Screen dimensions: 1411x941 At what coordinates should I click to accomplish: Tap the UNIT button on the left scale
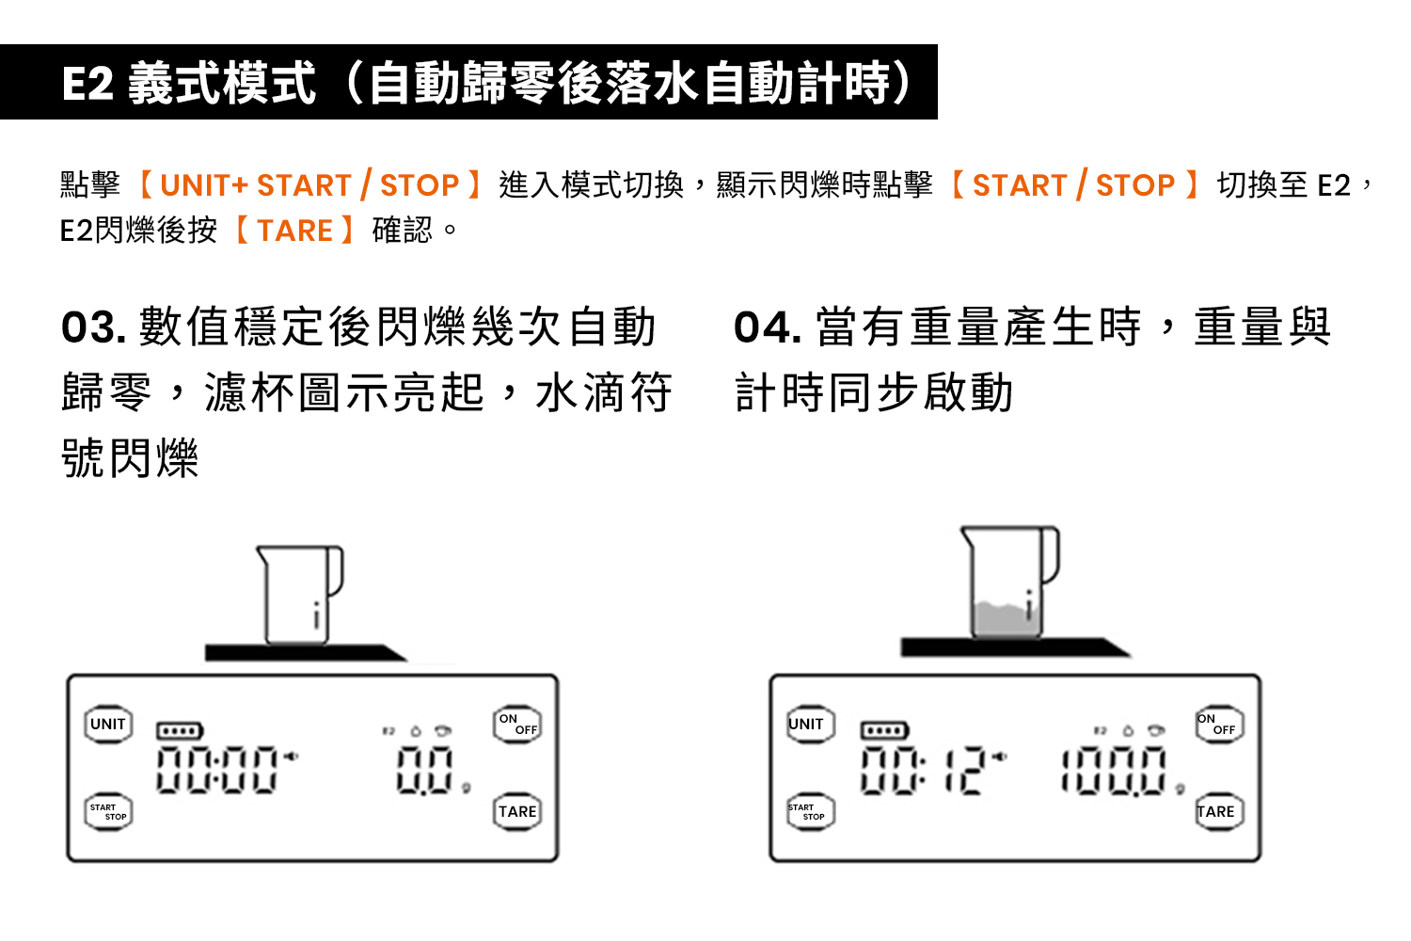(x=108, y=724)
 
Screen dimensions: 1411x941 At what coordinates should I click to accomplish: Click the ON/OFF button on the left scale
(x=517, y=724)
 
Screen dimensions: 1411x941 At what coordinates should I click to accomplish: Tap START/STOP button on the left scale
(x=108, y=812)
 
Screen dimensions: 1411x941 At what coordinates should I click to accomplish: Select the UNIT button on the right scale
(x=811, y=724)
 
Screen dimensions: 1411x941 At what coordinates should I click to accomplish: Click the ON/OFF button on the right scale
(x=1219, y=724)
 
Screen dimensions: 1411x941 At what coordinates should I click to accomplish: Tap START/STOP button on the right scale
(x=811, y=812)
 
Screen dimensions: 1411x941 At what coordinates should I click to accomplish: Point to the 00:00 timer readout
(x=216, y=770)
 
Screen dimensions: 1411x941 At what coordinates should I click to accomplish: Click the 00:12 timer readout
(x=923, y=770)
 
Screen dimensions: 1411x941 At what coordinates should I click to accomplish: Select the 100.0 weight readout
(x=1114, y=771)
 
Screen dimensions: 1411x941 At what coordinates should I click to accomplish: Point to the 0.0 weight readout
(x=424, y=770)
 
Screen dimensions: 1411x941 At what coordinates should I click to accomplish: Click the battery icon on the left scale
(x=180, y=731)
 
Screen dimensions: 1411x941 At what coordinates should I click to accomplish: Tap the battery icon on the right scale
(x=884, y=730)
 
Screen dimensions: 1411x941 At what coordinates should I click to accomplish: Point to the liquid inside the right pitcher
(x=1006, y=619)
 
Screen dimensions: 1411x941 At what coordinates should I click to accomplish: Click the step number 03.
(x=93, y=327)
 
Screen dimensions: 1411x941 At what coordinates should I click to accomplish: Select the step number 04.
(x=768, y=327)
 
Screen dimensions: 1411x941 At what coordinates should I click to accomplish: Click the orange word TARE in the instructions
(x=294, y=231)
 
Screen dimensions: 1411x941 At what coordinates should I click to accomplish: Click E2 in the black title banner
(x=87, y=83)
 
